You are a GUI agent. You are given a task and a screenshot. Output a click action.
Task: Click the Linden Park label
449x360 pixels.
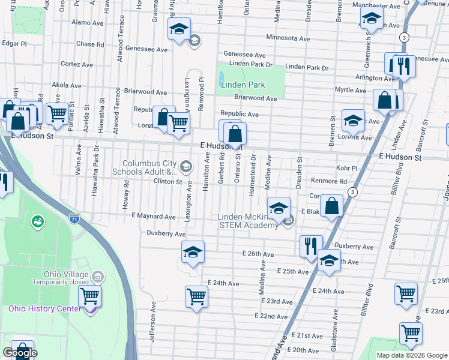point(243,85)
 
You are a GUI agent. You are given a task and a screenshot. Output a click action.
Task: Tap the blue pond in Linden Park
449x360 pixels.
point(221,77)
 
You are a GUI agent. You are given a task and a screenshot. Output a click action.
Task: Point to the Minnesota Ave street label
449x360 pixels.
point(288,38)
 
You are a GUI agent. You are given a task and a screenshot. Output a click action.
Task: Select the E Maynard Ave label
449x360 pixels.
point(152,217)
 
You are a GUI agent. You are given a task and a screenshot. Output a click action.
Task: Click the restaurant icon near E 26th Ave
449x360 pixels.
point(311,247)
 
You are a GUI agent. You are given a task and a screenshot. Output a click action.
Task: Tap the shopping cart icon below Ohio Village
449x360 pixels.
point(89,296)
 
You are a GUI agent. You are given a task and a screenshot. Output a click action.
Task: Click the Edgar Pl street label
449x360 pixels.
point(14,44)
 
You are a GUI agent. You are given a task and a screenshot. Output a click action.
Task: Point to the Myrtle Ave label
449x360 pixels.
point(351,90)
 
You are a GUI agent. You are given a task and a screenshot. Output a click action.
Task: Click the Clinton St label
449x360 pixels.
point(167,181)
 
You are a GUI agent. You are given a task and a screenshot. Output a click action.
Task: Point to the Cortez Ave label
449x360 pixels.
point(76,64)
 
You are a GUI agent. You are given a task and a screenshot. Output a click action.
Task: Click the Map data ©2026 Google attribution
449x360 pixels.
point(412,355)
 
